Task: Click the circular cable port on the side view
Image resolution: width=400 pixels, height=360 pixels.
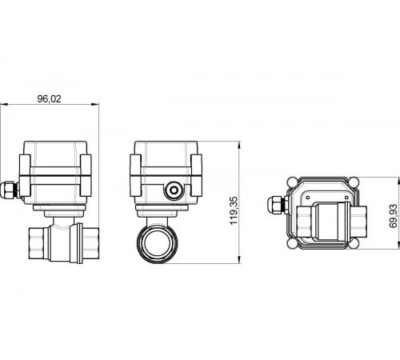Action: (x=172, y=190)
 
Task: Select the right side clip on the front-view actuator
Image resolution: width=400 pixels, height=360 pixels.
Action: (x=84, y=170)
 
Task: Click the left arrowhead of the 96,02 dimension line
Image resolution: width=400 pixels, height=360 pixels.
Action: (x=3, y=104)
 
